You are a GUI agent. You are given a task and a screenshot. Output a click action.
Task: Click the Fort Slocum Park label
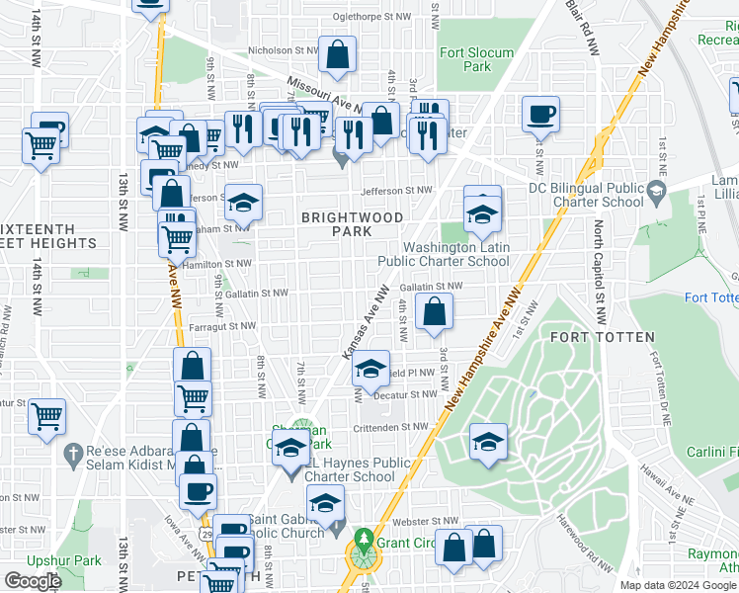(476, 59)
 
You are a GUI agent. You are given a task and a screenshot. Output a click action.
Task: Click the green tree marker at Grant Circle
(364, 541)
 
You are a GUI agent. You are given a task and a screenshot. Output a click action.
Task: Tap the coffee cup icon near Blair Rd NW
(540, 115)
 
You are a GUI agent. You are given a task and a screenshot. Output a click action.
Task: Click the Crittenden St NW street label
(392, 427)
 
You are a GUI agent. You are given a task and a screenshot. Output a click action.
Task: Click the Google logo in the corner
(33, 580)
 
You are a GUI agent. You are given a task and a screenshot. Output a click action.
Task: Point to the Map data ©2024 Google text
(678, 585)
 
